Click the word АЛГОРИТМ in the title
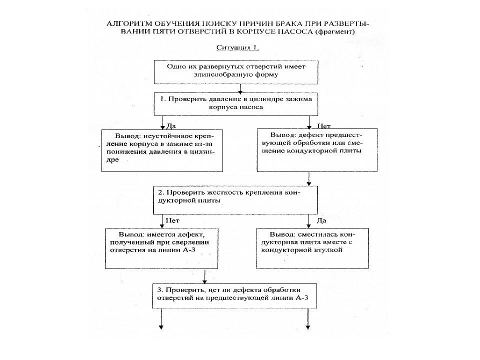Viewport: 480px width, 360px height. coord(129,24)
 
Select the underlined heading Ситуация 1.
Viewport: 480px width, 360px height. coord(238,47)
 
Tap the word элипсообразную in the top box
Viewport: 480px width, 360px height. coord(216,74)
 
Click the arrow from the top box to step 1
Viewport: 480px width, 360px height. coord(240,89)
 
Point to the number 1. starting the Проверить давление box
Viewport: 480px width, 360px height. coord(163,99)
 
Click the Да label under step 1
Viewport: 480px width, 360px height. coord(171,126)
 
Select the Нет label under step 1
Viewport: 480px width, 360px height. coord(324,126)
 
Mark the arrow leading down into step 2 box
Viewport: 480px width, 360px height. coord(309,179)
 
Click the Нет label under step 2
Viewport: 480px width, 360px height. coord(172,220)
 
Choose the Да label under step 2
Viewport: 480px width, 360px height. coord(321,220)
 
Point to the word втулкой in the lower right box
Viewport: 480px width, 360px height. coord(328,250)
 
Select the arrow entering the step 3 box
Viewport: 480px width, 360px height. coord(205,276)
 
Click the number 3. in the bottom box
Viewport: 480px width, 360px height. coord(160,290)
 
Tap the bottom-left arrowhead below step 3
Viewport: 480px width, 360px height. coord(161,327)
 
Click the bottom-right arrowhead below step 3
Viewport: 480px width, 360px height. coord(308,327)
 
